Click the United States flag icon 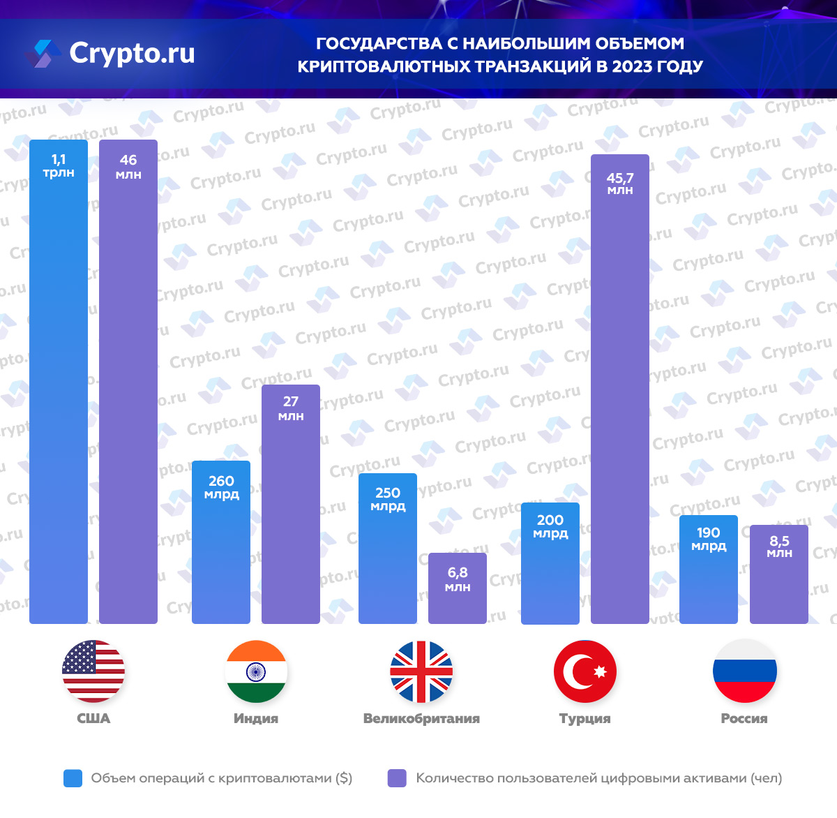click(93, 671)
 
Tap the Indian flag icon click(256, 671)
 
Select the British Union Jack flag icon click(421, 671)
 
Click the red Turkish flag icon click(585, 671)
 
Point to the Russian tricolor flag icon click(744, 671)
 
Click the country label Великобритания click(421, 718)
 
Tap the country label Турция click(585, 718)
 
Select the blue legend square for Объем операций click(73, 778)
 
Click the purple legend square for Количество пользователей click(397, 778)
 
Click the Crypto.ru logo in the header click(112, 53)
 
